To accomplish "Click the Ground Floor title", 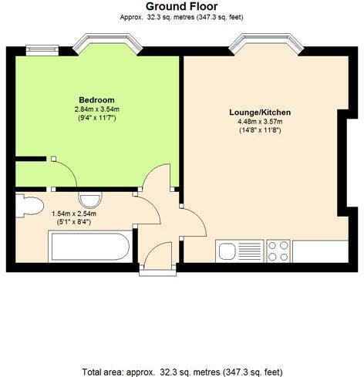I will click(182, 6).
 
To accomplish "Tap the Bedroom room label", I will click(96, 99).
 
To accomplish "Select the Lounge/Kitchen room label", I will click(258, 112).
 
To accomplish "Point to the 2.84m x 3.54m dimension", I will click(96, 109).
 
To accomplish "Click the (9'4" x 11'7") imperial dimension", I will click(96, 118).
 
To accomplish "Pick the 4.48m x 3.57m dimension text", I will click(258, 121).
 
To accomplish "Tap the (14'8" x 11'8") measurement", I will click(258, 130).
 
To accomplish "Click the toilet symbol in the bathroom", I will click(29, 206).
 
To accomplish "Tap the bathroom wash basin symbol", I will click(86, 197).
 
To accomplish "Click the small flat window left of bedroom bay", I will click(37, 50).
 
